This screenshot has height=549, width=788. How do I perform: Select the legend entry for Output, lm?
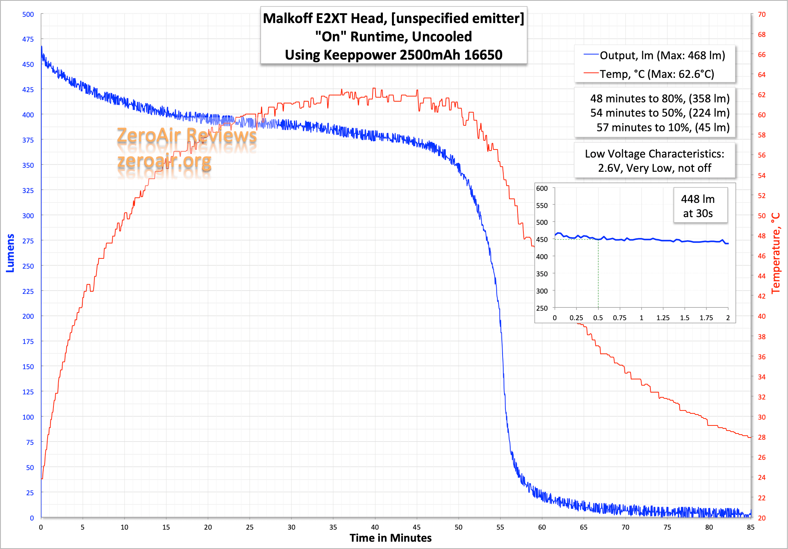(662, 56)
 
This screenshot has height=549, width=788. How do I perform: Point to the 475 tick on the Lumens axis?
(28, 39)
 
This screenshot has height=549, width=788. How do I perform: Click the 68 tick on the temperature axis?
(762, 34)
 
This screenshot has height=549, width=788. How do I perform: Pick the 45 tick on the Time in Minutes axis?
(417, 527)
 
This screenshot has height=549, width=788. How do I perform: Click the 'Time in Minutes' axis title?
(391, 538)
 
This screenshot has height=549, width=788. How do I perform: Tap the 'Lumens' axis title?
(10, 253)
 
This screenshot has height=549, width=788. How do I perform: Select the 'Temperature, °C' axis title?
(776, 253)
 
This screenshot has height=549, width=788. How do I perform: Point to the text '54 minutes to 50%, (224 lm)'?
(660, 113)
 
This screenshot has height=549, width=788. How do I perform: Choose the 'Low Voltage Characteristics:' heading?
(654, 154)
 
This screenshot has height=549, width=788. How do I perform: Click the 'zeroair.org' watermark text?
(164, 161)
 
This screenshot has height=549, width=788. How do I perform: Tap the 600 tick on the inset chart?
(542, 188)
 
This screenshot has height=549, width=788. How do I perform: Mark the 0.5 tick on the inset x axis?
(598, 318)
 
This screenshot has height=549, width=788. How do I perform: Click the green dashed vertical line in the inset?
(598, 274)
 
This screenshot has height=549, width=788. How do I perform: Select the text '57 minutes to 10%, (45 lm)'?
(663, 127)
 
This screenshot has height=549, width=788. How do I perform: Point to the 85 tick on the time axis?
(751, 527)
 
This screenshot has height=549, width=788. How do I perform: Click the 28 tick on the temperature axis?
(762, 437)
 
